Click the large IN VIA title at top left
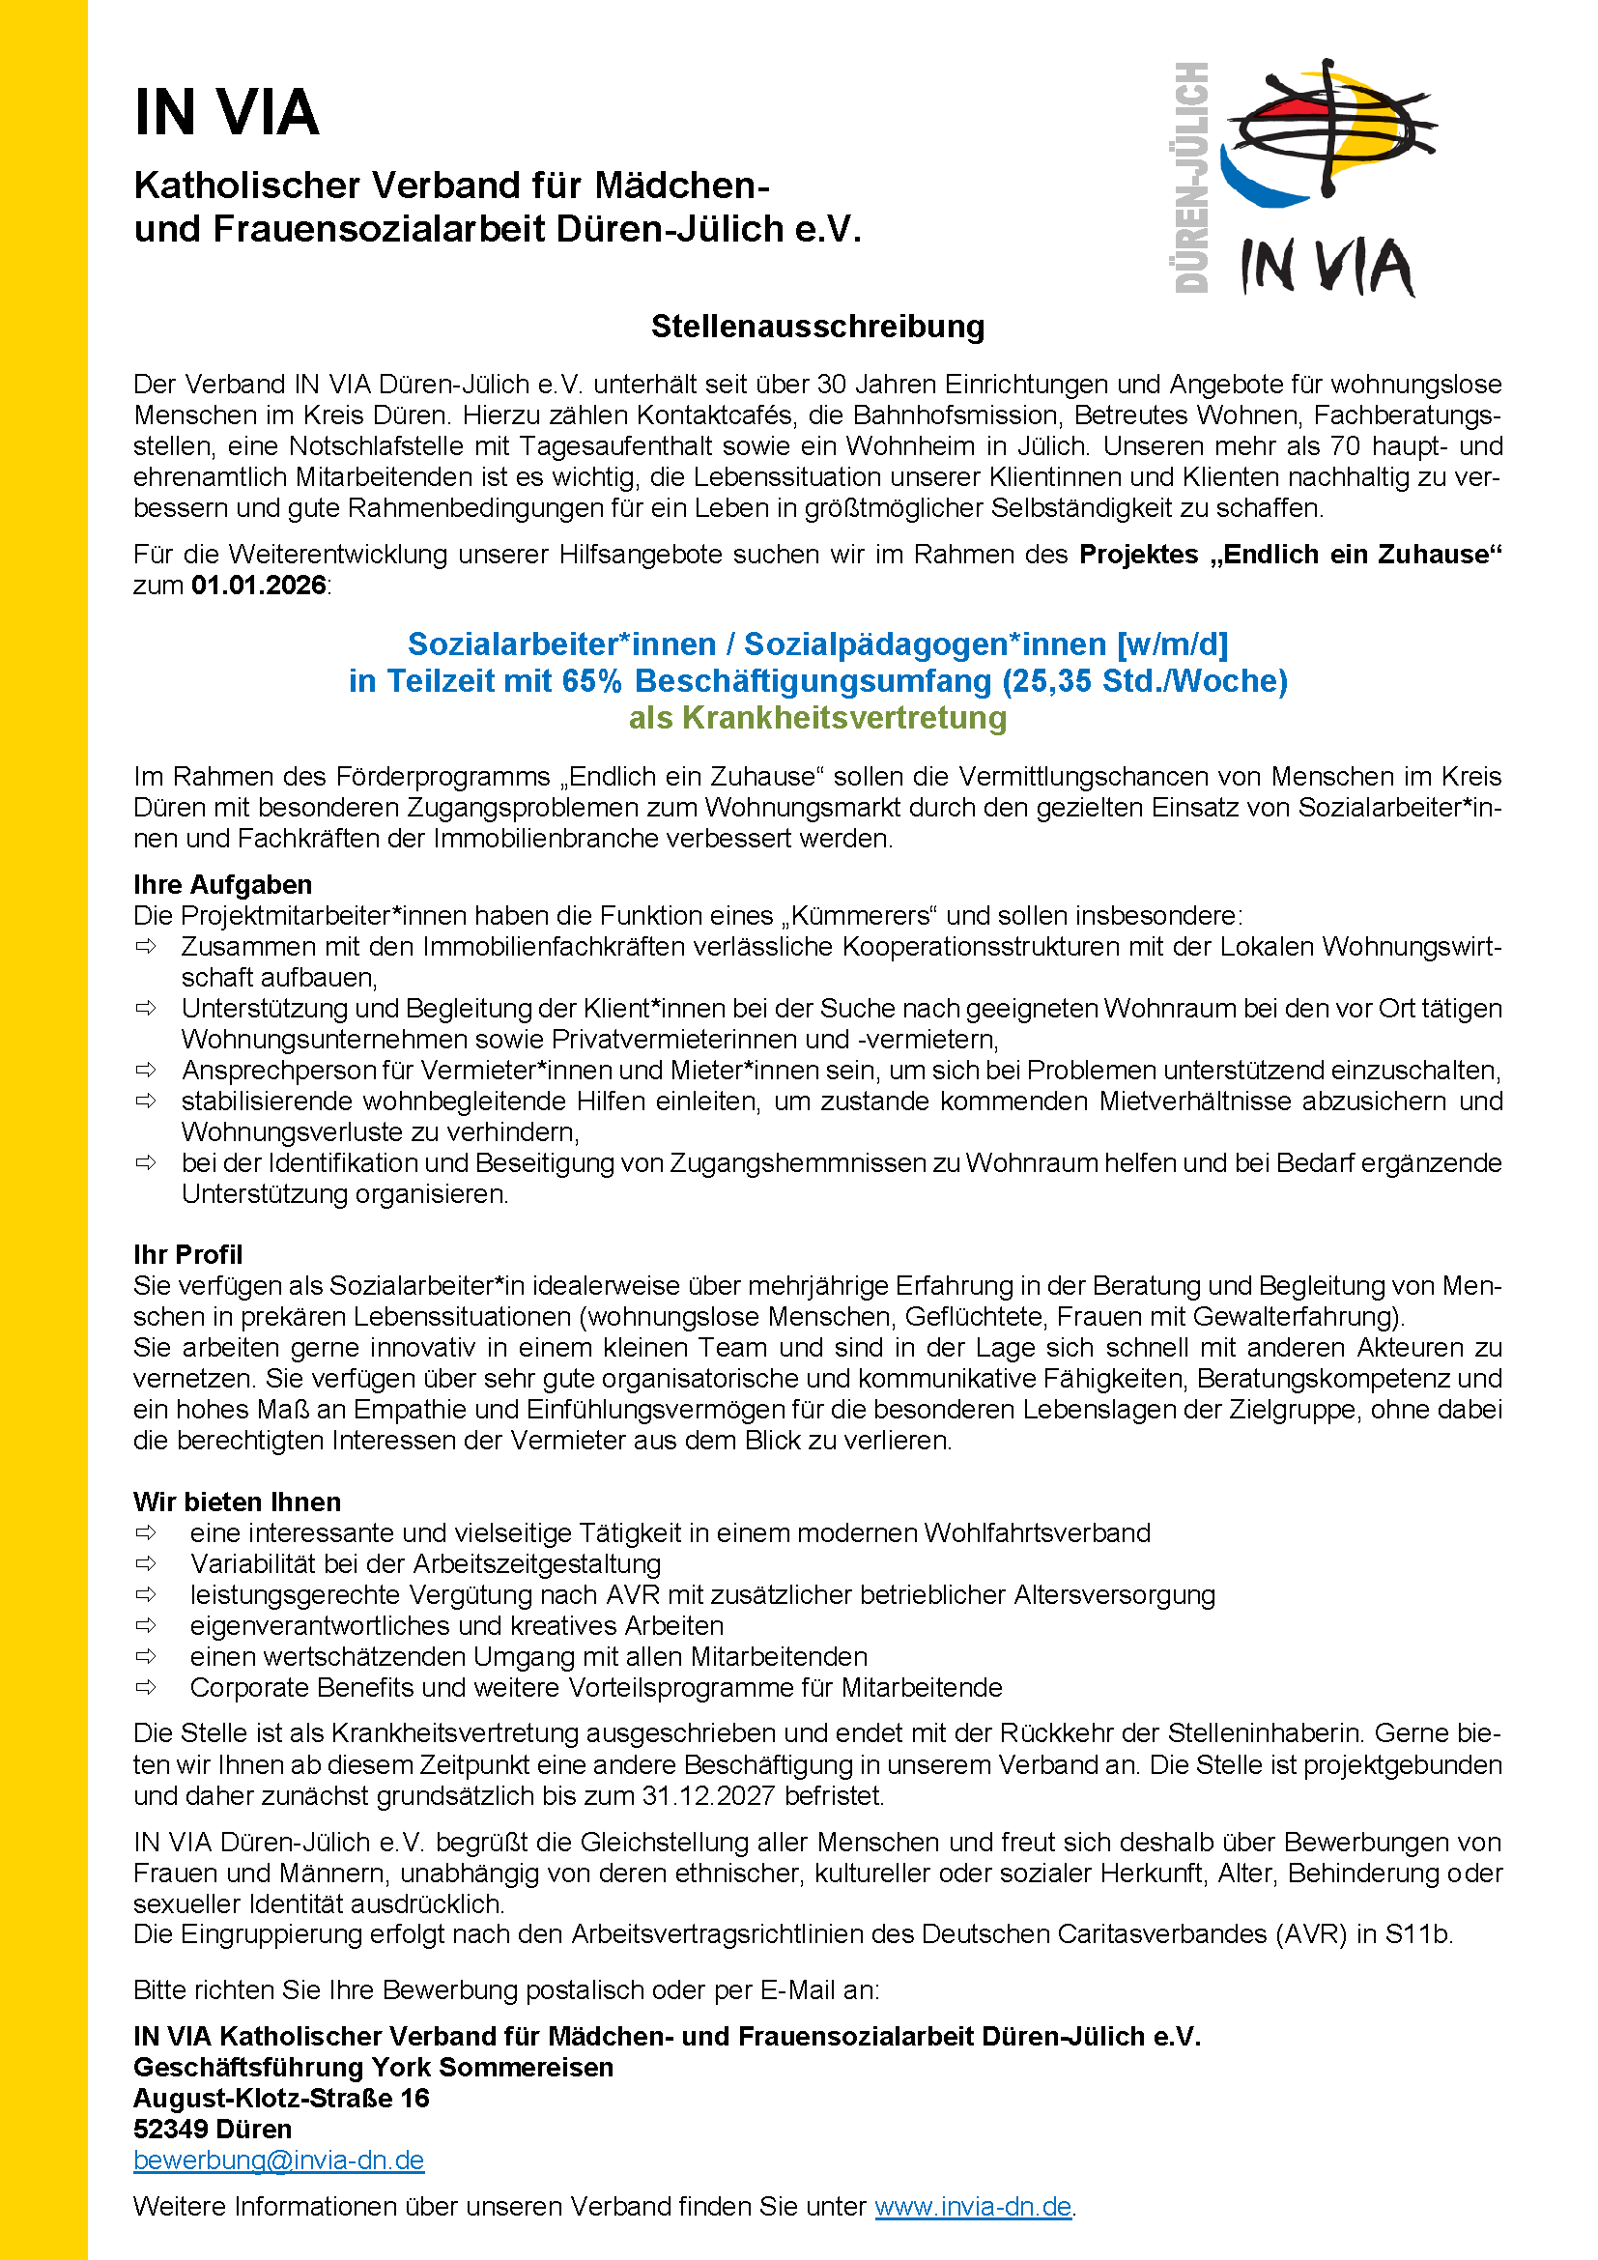click(226, 112)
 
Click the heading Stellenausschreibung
click(817, 327)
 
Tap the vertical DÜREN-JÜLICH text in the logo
click(1191, 177)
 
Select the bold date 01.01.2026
click(259, 586)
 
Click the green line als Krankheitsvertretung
click(817, 718)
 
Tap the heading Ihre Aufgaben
click(222, 884)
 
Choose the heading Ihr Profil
click(188, 1254)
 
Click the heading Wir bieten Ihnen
click(237, 1502)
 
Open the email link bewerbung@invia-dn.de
click(278, 2160)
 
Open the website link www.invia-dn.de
click(972, 2206)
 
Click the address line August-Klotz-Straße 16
click(281, 2098)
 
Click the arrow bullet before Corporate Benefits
click(147, 1687)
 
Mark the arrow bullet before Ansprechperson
click(147, 1069)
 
